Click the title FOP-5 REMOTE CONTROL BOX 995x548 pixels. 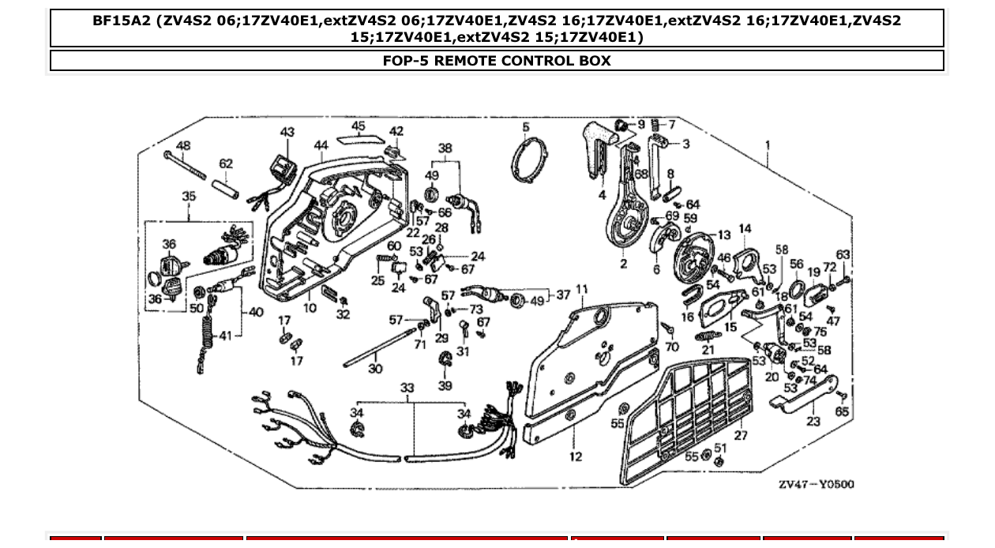coord(497,61)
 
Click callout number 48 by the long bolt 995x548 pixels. coord(183,146)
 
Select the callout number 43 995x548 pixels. coord(287,133)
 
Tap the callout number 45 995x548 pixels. coord(359,126)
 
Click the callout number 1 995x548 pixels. coord(767,145)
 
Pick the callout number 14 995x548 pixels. coord(745,230)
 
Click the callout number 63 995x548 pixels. coord(843,255)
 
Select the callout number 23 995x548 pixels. coord(813,422)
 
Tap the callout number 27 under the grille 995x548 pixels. coord(741,436)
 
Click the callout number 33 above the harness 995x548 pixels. coord(407,388)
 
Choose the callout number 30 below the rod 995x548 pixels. coord(375,369)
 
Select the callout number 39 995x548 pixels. coord(445,385)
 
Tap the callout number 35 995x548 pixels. coord(189,196)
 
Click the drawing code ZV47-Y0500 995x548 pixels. coord(816,484)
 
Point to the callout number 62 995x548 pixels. coord(226,164)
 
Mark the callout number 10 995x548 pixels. coord(310,307)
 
